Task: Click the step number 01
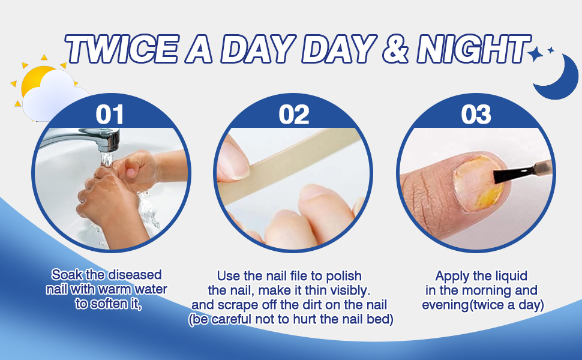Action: (x=109, y=114)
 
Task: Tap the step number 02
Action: (x=294, y=114)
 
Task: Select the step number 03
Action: (x=476, y=114)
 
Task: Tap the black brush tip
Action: (x=502, y=175)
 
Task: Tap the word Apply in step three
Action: (x=452, y=276)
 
